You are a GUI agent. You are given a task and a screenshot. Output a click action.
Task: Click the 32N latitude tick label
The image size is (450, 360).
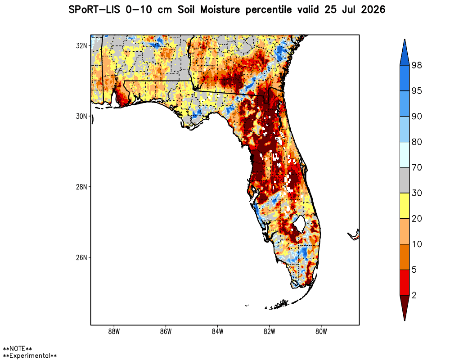coord(81,45)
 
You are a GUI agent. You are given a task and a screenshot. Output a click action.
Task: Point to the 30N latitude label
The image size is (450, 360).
coord(81,116)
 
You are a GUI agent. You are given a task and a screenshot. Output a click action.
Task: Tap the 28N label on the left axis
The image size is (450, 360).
coord(81,187)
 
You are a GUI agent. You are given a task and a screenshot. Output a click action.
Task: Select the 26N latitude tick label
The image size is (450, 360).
coord(81,257)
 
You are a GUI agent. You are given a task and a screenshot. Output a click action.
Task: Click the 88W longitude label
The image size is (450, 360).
coord(114,332)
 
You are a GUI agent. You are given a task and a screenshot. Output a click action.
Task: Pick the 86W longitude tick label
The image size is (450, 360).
coord(166,332)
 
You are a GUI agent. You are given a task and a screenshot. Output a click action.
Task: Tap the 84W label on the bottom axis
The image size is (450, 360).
coord(217,332)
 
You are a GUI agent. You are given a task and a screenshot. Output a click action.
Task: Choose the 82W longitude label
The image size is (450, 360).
coord(269,332)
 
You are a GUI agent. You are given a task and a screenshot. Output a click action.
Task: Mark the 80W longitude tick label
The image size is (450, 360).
coord(321,332)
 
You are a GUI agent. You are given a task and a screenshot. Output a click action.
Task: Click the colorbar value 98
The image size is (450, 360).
coord(417,65)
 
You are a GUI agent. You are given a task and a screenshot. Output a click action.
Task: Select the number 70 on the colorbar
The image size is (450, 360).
coord(417,167)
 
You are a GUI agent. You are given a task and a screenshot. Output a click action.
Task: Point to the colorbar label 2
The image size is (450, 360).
coord(414,295)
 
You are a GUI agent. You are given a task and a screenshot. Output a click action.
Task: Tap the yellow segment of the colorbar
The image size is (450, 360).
coord(405,206)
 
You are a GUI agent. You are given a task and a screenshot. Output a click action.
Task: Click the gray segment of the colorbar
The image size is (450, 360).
coord(405,180)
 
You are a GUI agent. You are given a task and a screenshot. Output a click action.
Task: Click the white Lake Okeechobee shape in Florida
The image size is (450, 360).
coord(299,224)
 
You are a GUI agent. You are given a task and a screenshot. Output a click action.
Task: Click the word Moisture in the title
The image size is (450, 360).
coord(220,10)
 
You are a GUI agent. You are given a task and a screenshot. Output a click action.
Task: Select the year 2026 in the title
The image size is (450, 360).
coord(373,10)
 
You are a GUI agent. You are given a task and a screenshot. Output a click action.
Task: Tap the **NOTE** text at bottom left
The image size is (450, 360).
coord(17,349)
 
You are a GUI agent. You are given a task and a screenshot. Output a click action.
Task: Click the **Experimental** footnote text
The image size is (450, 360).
coord(30,356)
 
